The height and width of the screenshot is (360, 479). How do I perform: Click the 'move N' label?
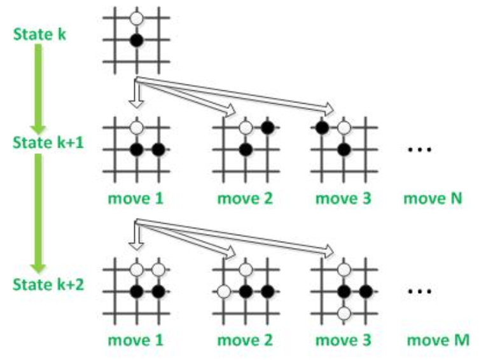click(x=431, y=198)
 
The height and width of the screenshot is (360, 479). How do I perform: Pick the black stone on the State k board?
click(x=135, y=41)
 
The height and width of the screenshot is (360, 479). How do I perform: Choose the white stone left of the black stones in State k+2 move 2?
click(x=223, y=292)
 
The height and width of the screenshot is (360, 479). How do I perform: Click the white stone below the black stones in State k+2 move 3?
click(x=344, y=314)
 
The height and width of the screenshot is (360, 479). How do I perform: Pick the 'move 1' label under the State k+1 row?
click(x=135, y=198)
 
